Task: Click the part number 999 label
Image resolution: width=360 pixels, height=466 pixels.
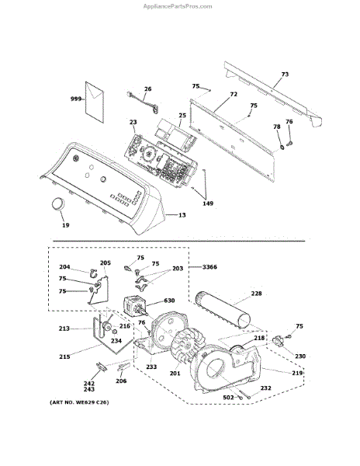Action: [76, 99]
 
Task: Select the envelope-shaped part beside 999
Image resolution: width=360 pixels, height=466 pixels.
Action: [95, 103]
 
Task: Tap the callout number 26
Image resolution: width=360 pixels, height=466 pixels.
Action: [147, 89]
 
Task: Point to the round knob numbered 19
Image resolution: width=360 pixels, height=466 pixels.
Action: [57, 204]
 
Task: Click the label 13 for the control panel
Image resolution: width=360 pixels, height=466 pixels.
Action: [182, 214]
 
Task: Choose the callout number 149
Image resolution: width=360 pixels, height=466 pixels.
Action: [208, 203]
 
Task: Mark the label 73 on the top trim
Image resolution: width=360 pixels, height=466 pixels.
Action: [285, 74]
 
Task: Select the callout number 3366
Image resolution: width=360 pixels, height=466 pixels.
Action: [209, 267]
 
